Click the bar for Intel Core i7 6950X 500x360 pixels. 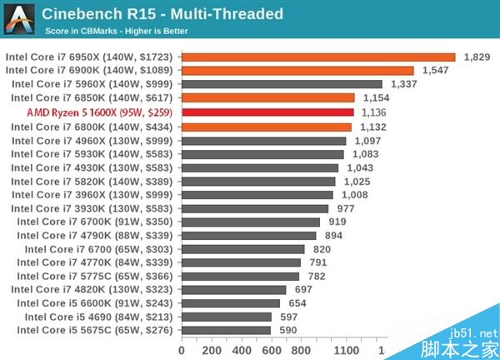(317, 57)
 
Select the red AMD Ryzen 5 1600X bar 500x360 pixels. (267, 112)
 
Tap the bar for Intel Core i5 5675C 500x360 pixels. (225, 331)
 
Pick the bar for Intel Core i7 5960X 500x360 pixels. (281, 84)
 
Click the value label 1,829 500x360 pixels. (476, 57)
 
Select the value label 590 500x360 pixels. (287, 331)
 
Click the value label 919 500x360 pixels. (337, 222)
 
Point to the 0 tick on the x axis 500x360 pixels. (182, 350)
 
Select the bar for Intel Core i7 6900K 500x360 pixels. (297, 71)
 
